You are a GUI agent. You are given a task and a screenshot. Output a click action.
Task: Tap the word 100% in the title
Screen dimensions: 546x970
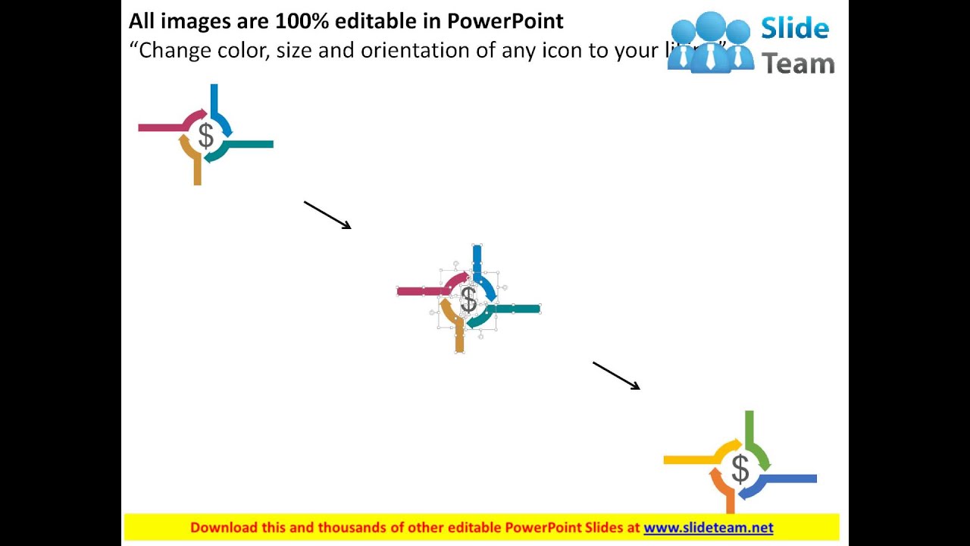coord(302,20)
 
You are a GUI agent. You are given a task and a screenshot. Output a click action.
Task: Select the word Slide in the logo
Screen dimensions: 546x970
coord(794,29)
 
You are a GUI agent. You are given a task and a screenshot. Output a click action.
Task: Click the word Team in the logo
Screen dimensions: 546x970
coord(797,64)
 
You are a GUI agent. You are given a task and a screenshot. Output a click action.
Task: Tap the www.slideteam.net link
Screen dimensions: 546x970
coord(708,528)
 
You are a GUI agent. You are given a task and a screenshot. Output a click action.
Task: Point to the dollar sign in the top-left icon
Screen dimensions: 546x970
coord(205,136)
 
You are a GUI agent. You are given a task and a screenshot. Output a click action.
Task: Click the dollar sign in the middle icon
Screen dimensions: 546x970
coord(468,300)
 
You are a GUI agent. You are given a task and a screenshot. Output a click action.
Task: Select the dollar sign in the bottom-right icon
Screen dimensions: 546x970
coord(740,469)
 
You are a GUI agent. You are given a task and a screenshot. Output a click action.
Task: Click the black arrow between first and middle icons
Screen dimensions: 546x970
coord(327,215)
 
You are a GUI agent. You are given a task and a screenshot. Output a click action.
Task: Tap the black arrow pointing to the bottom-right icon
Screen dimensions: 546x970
coord(616,375)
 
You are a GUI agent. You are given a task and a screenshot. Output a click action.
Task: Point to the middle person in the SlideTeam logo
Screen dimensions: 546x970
coord(711,42)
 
